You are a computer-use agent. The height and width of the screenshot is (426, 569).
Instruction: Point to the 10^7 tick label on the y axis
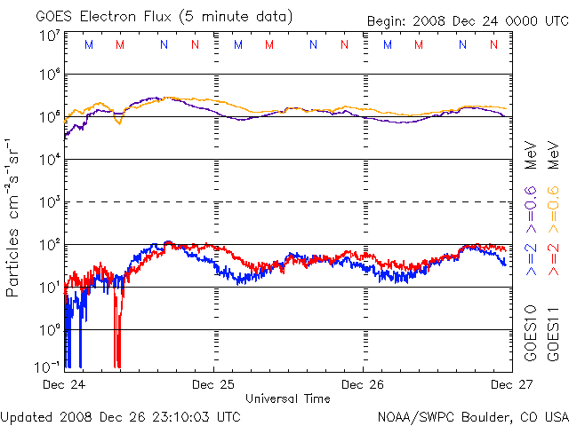[49, 36]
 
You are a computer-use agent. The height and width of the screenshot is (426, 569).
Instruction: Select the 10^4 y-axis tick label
[49, 159]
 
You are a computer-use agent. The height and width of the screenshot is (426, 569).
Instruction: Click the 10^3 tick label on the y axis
[49, 202]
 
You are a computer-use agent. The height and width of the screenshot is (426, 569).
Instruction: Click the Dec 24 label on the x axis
[65, 384]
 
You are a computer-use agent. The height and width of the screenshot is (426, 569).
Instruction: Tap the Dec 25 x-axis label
[214, 384]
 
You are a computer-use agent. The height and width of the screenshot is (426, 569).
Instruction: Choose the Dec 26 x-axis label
[364, 384]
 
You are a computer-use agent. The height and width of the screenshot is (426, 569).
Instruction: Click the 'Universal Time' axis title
[287, 398]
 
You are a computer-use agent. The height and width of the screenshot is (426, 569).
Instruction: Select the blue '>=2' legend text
[531, 258]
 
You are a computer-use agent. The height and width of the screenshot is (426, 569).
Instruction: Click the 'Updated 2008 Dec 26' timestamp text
[121, 415]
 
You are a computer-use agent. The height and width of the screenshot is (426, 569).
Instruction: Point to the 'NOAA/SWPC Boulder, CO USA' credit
[472, 415]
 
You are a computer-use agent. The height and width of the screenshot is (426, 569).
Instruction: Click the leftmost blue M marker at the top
[88, 44]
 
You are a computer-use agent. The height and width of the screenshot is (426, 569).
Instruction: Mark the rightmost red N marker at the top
[493, 44]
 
